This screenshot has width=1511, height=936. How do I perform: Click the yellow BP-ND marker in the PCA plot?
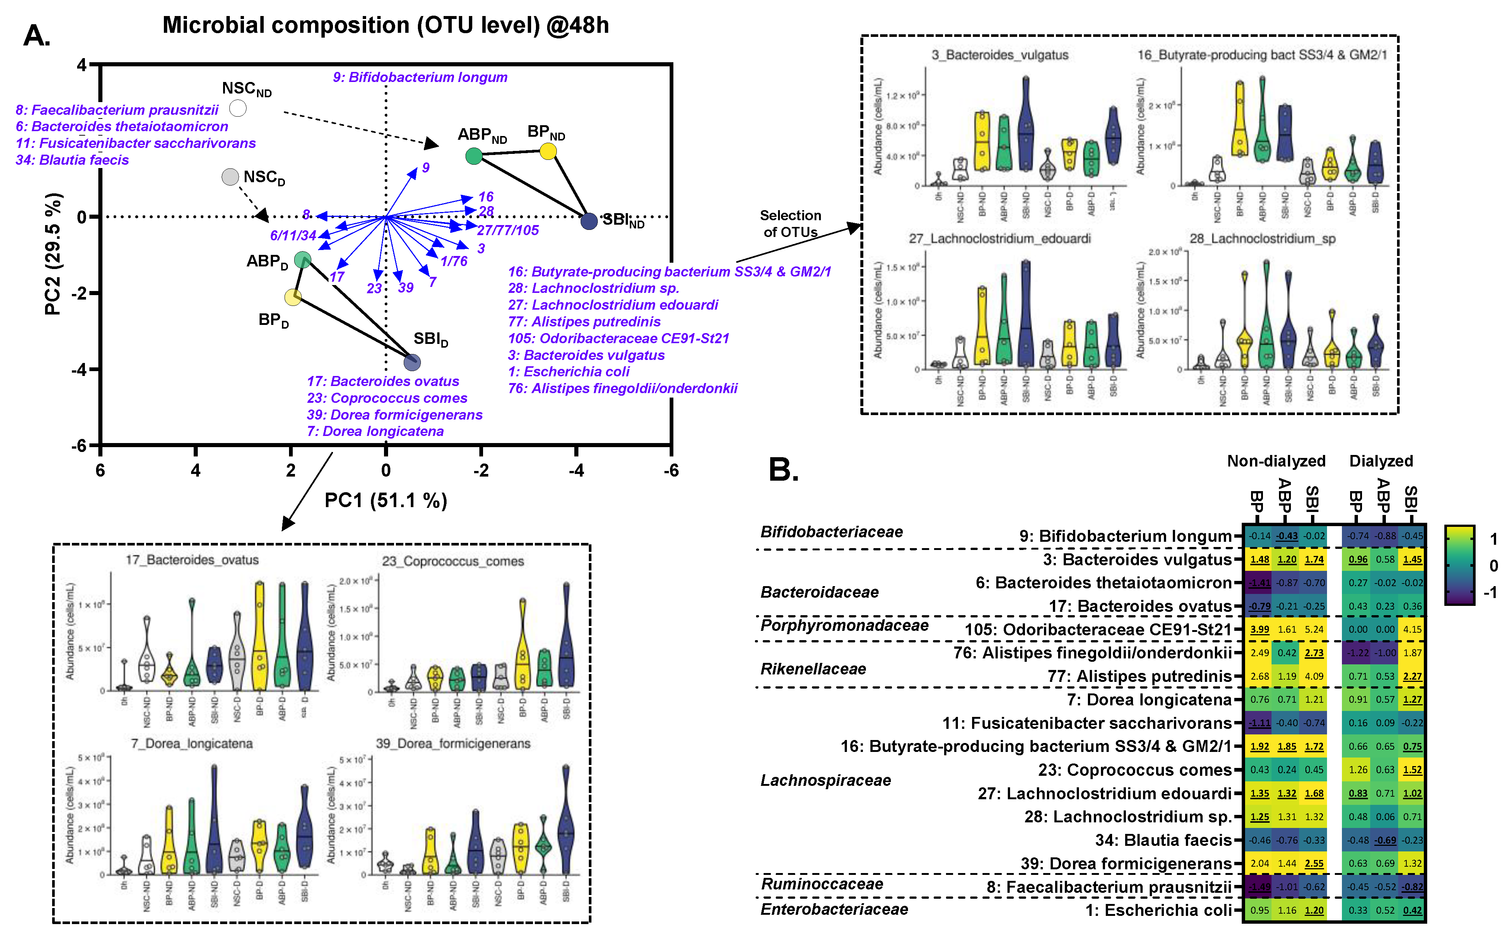pos(547,151)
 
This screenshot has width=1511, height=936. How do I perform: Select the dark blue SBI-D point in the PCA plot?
pos(412,362)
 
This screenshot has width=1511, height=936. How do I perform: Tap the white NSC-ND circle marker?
pos(238,108)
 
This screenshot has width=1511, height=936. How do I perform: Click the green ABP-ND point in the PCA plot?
pos(473,156)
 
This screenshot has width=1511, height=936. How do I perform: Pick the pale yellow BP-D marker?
pos(293,297)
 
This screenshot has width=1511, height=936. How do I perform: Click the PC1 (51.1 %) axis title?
pos(385,500)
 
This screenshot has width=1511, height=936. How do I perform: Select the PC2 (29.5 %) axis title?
pos(53,254)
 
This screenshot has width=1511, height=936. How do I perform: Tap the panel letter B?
pos(783,471)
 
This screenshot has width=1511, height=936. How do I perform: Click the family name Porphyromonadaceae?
pos(844,625)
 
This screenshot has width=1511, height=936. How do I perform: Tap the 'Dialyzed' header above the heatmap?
pos(1381,461)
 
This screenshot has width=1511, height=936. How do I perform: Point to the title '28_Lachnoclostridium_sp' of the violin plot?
pos(1262,239)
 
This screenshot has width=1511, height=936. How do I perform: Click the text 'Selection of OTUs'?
pos(790,224)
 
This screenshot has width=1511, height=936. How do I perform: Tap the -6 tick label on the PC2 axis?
pos(79,446)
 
